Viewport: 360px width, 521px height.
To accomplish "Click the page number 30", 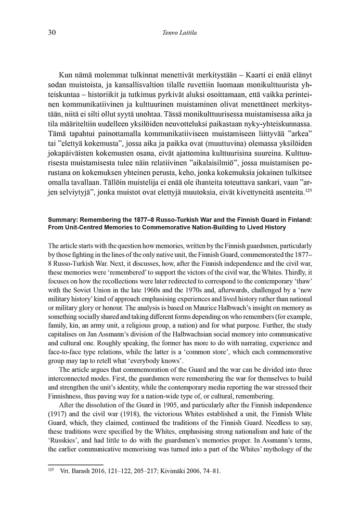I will (x=52, y=33).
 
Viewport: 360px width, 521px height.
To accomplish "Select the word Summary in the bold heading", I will (x=63, y=219).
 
